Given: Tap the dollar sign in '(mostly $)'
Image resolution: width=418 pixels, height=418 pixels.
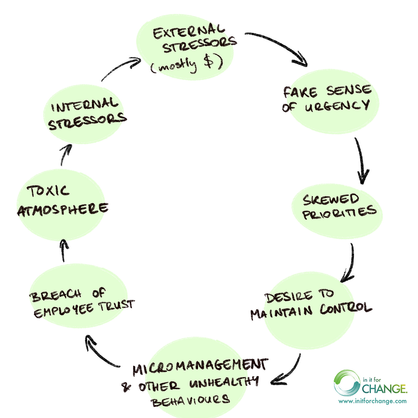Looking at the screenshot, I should point(210,61).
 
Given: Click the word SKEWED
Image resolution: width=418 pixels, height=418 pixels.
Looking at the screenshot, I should point(331,200).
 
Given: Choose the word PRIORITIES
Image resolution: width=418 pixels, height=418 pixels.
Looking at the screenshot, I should point(339,213).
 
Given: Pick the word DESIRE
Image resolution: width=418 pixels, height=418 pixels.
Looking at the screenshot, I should point(289,297).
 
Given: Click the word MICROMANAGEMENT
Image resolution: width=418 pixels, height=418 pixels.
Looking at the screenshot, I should point(200,366).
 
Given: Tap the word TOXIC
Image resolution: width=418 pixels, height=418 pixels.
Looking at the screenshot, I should point(48,191).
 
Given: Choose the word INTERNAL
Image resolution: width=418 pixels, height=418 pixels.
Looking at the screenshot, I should point(85,105).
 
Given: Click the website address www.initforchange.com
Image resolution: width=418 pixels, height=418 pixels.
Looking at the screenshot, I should point(372,401).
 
